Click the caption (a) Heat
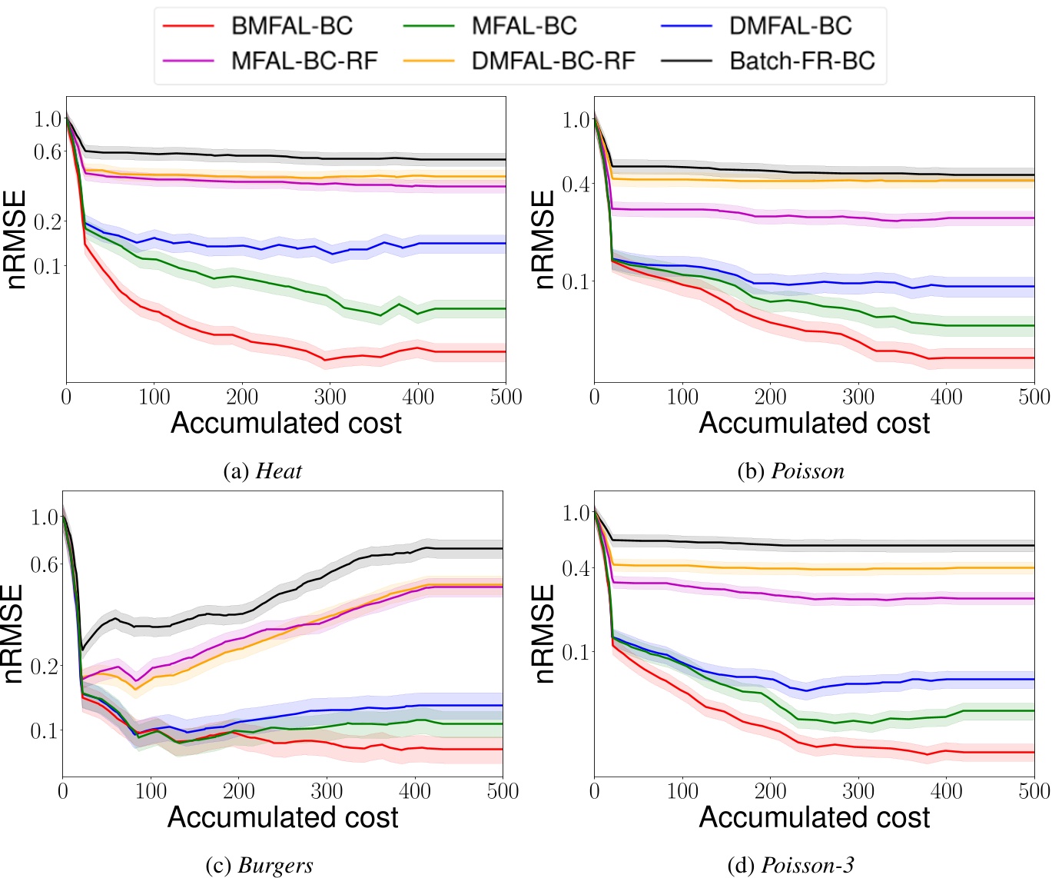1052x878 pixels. click(262, 471)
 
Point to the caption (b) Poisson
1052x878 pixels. click(791, 471)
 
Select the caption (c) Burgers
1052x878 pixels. click(260, 865)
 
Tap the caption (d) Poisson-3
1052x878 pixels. click(791, 865)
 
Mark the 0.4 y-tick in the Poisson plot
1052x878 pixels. click(575, 184)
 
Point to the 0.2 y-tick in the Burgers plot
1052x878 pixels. click(44, 665)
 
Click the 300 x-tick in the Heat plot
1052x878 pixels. click(330, 397)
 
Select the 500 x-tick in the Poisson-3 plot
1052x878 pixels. click(1033, 791)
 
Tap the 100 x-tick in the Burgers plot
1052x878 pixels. click(151, 791)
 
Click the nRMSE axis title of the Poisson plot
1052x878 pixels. click(544, 240)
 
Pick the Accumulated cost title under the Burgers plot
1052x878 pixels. click(283, 817)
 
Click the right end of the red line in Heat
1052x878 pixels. click(505, 351)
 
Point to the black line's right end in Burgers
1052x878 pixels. click(502, 548)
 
